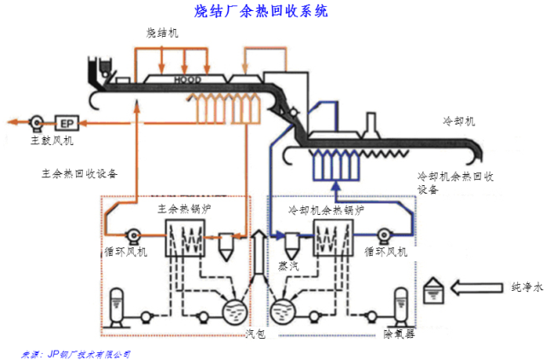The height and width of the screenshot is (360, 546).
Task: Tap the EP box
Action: click(66, 121)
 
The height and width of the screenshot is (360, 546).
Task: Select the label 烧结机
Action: click(161, 33)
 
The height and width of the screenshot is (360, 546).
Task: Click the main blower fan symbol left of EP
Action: click(37, 121)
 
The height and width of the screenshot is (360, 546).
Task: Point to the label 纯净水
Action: click(521, 288)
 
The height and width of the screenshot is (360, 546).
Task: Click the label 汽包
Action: click(256, 334)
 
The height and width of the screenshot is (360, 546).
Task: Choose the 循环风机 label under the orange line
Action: click(125, 252)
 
